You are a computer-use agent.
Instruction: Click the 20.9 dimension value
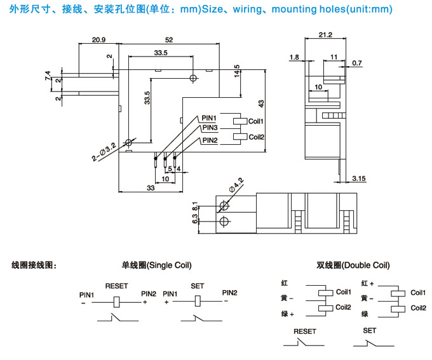tap(98, 39)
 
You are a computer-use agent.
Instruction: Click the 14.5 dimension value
tap(236, 70)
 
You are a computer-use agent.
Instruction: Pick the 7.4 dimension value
tap(48, 76)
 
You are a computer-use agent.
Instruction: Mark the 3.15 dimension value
tap(358, 179)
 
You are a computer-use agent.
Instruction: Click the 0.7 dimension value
tap(356, 62)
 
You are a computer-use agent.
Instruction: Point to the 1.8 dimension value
tap(293, 57)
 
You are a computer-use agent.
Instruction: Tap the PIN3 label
tap(210, 128)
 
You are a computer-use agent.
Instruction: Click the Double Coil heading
tap(353, 265)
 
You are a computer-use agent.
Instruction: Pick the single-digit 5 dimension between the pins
tap(170, 169)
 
